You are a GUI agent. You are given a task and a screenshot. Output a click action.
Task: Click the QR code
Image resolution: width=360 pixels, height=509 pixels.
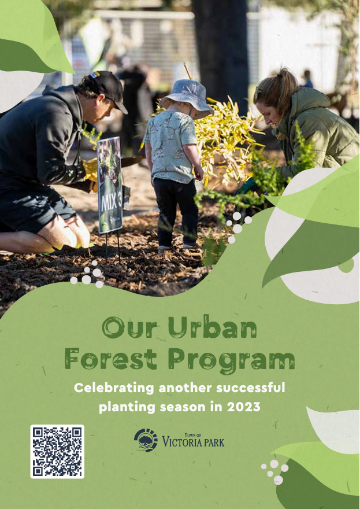pos(57,452)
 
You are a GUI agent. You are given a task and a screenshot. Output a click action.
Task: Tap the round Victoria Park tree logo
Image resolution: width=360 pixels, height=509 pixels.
pos(146,440)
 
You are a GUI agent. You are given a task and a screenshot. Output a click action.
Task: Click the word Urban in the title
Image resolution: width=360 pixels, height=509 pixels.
pos(212,329)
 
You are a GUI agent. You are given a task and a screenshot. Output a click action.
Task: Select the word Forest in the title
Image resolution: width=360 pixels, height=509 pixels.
pos(111,359)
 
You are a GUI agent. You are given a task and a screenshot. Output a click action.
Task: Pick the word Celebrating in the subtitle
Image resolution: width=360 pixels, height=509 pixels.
pos(114,388)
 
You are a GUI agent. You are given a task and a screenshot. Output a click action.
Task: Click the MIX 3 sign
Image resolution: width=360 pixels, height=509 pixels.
pos(110,185)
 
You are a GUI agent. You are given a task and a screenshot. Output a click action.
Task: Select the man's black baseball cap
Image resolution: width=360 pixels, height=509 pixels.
pos(106,88)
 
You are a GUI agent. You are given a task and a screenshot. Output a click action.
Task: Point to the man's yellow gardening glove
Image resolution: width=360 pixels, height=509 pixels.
pos(90,171)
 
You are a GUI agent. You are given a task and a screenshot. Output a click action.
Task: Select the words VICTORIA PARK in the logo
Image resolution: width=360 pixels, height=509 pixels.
pos(194,442)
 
